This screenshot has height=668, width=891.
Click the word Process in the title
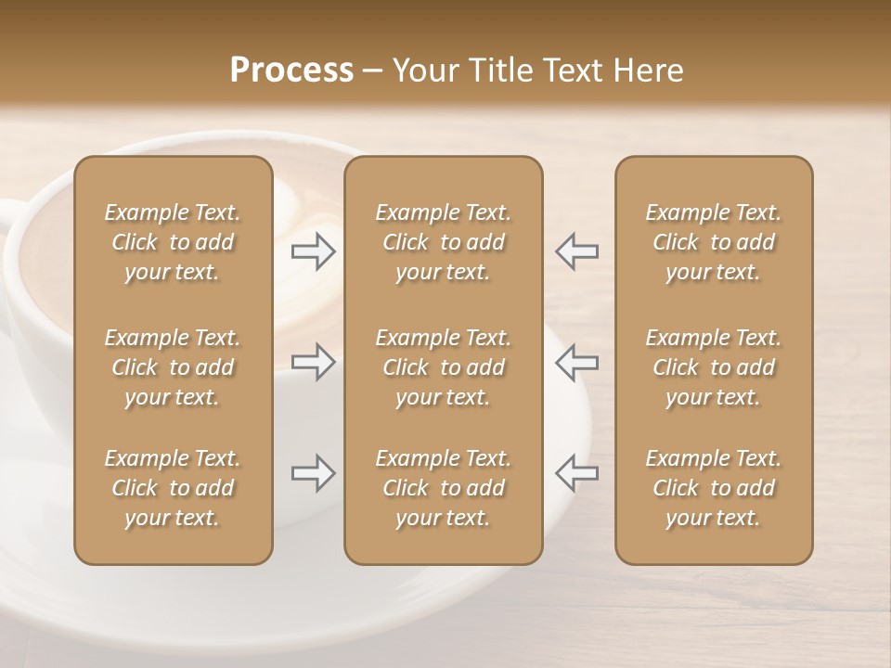[291, 71]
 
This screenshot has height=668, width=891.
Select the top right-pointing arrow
[314, 251]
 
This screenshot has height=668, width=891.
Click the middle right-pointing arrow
[314, 362]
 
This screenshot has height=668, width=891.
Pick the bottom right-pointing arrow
[314, 473]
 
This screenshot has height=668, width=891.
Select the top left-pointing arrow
[576, 251]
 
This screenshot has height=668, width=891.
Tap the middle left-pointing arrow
[576, 362]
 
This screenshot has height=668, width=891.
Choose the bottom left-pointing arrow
[576, 473]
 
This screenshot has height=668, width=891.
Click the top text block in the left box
[173, 242]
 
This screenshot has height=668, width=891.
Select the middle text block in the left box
[173, 367]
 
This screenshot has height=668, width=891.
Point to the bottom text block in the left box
[173, 488]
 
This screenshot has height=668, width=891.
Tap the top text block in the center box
[444, 242]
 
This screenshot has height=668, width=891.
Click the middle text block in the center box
[444, 367]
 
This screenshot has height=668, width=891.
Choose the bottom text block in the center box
[444, 488]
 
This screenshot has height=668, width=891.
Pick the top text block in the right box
[714, 242]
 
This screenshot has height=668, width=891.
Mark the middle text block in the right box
[714, 367]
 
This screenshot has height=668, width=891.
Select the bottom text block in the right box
[714, 488]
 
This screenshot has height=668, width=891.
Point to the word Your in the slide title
[423, 71]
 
